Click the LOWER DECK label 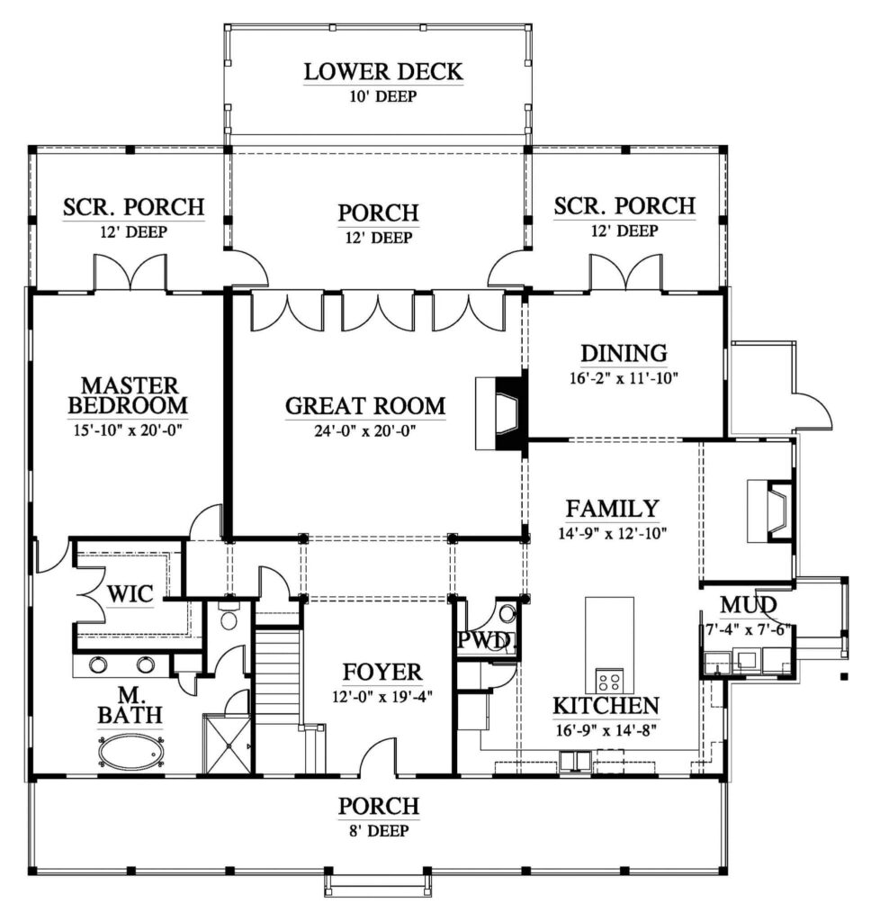[383, 72]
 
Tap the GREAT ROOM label [365, 406]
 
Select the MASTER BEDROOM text [129, 395]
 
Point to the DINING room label [624, 353]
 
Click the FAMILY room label [613, 509]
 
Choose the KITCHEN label [606, 706]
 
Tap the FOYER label [382, 672]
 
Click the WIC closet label [130, 594]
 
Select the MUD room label [749, 604]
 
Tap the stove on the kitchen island [609, 680]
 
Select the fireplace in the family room [770, 511]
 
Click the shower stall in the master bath [227, 744]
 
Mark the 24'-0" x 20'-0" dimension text [365, 431]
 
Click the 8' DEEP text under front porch [379, 831]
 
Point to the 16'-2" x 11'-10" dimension [624, 377]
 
